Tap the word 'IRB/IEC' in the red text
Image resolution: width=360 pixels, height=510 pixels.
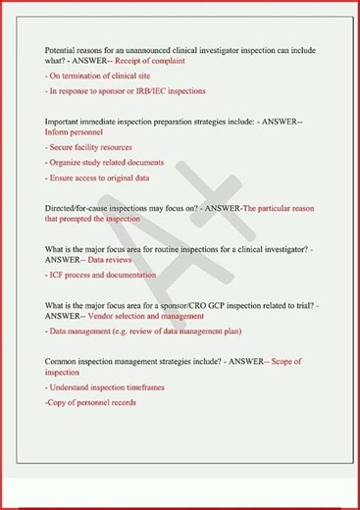click(x=159, y=90)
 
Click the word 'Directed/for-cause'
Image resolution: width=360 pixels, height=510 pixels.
click(x=78, y=208)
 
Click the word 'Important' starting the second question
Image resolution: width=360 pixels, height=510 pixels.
click(x=66, y=121)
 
